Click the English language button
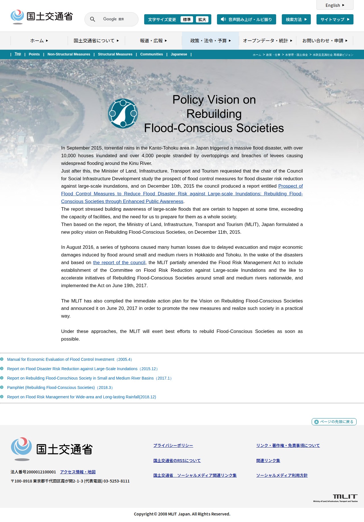point(335,5)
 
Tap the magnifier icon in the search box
point(92,19)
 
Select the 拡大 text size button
point(202,19)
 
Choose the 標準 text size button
point(187,19)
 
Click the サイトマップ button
point(335,19)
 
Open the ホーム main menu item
point(39,41)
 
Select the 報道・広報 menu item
point(153,41)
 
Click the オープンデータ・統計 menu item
point(267,41)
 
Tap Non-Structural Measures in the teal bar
point(69,54)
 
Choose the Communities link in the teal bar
point(152,54)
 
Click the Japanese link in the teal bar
point(179,54)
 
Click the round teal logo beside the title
point(123,113)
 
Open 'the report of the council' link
point(119,263)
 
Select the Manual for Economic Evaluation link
point(70,359)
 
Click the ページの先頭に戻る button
point(334,422)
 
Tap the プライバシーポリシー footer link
point(173,446)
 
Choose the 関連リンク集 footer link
point(268,461)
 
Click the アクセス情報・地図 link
point(78,472)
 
